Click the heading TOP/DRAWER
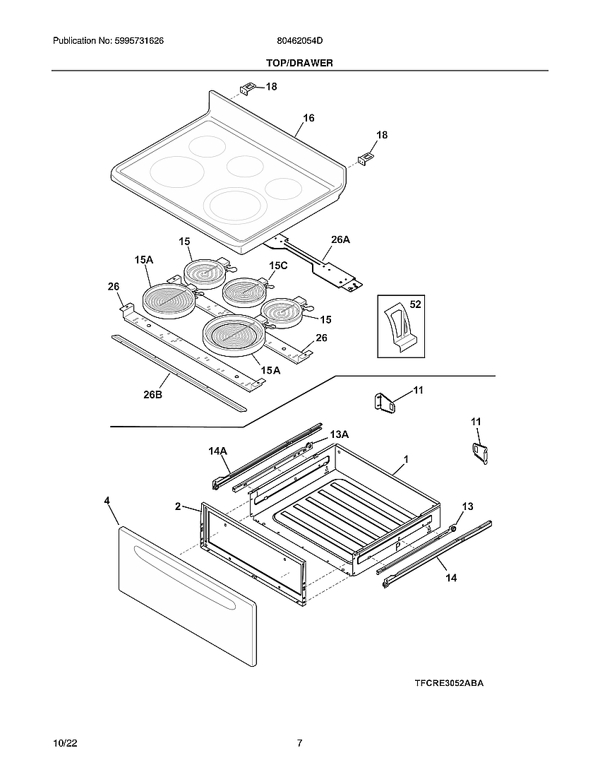pos(299,63)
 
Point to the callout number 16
pos(308,118)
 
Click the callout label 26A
pos(340,239)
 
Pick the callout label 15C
pos(278,265)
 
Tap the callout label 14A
pos(217,451)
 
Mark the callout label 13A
pos(339,434)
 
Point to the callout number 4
pos(107,500)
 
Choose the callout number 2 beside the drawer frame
pos(179,506)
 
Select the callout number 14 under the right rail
pos(451,577)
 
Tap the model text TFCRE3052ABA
pos(449,683)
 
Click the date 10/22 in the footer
pos(64,743)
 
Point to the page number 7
pos(299,743)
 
